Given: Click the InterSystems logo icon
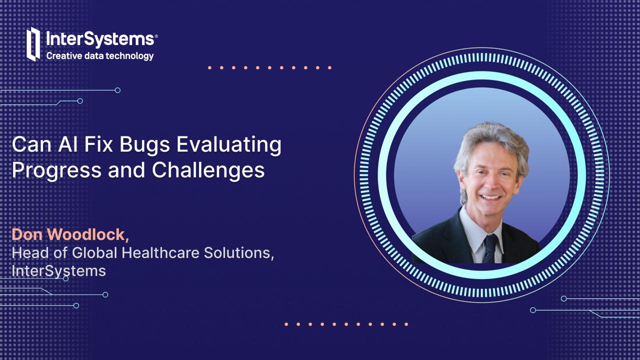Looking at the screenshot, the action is (x=33, y=44).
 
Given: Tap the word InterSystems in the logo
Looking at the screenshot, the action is (x=100, y=39).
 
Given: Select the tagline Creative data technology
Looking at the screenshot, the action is (x=100, y=55).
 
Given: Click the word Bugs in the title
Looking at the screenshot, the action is (x=144, y=144).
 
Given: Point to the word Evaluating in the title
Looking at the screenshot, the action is (x=229, y=145).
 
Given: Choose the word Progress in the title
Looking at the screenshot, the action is (x=56, y=171).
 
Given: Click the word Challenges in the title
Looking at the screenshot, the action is (x=208, y=171).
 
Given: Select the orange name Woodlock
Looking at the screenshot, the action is (x=88, y=234).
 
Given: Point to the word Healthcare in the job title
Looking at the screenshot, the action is (x=160, y=253).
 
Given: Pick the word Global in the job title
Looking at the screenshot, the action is (x=94, y=253).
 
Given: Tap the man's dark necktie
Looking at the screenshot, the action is (x=490, y=248).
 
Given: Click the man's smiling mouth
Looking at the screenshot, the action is (x=490, y=197).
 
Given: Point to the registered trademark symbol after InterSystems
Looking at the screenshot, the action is (x=156, y=36).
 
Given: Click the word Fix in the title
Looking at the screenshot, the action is (x=98, y=144).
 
